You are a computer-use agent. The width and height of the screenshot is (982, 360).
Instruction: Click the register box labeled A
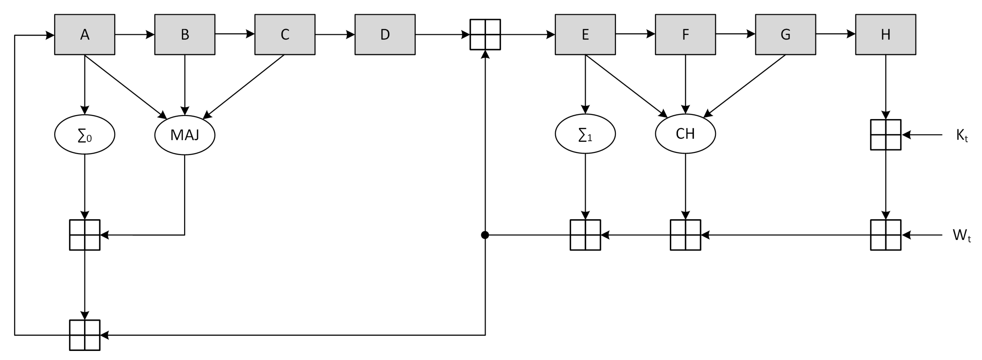click(x=85, y=35)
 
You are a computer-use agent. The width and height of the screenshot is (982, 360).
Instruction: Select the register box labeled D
click(x=385, y=35)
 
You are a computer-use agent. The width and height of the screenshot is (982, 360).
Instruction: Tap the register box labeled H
click(x=885, y=35)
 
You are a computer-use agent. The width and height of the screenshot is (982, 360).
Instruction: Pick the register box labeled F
click(x=685, y=35)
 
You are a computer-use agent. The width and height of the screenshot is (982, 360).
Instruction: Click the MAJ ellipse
click(x=185, y=135)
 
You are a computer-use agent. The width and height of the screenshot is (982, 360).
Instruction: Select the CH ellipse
click(x=685, y=134)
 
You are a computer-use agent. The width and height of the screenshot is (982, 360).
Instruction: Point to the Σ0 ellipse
click(x=85, y=135)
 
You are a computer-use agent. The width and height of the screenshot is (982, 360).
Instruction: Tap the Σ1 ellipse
click(x=585, y=134)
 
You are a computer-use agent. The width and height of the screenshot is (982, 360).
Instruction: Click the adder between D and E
click(x=485, y=35)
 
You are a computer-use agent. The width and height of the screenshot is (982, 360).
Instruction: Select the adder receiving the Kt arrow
click(x=885, y=135)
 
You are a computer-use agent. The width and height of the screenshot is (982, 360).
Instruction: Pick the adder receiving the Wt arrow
click(x=885, y=235)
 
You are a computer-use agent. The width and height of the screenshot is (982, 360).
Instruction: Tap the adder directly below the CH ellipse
click(x=685, y=235)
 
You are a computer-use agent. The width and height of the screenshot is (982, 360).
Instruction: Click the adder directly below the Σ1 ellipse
click(x=585, y=235)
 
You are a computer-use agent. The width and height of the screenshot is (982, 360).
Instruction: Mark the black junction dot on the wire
click(x=485, y=235)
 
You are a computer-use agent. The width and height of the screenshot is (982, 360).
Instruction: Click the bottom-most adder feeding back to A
click(x=85, y=335)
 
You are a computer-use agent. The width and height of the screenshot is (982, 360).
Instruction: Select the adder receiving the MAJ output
click(x=85, y=235)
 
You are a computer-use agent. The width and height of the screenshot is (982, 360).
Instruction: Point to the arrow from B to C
click(x=235, y=34)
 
